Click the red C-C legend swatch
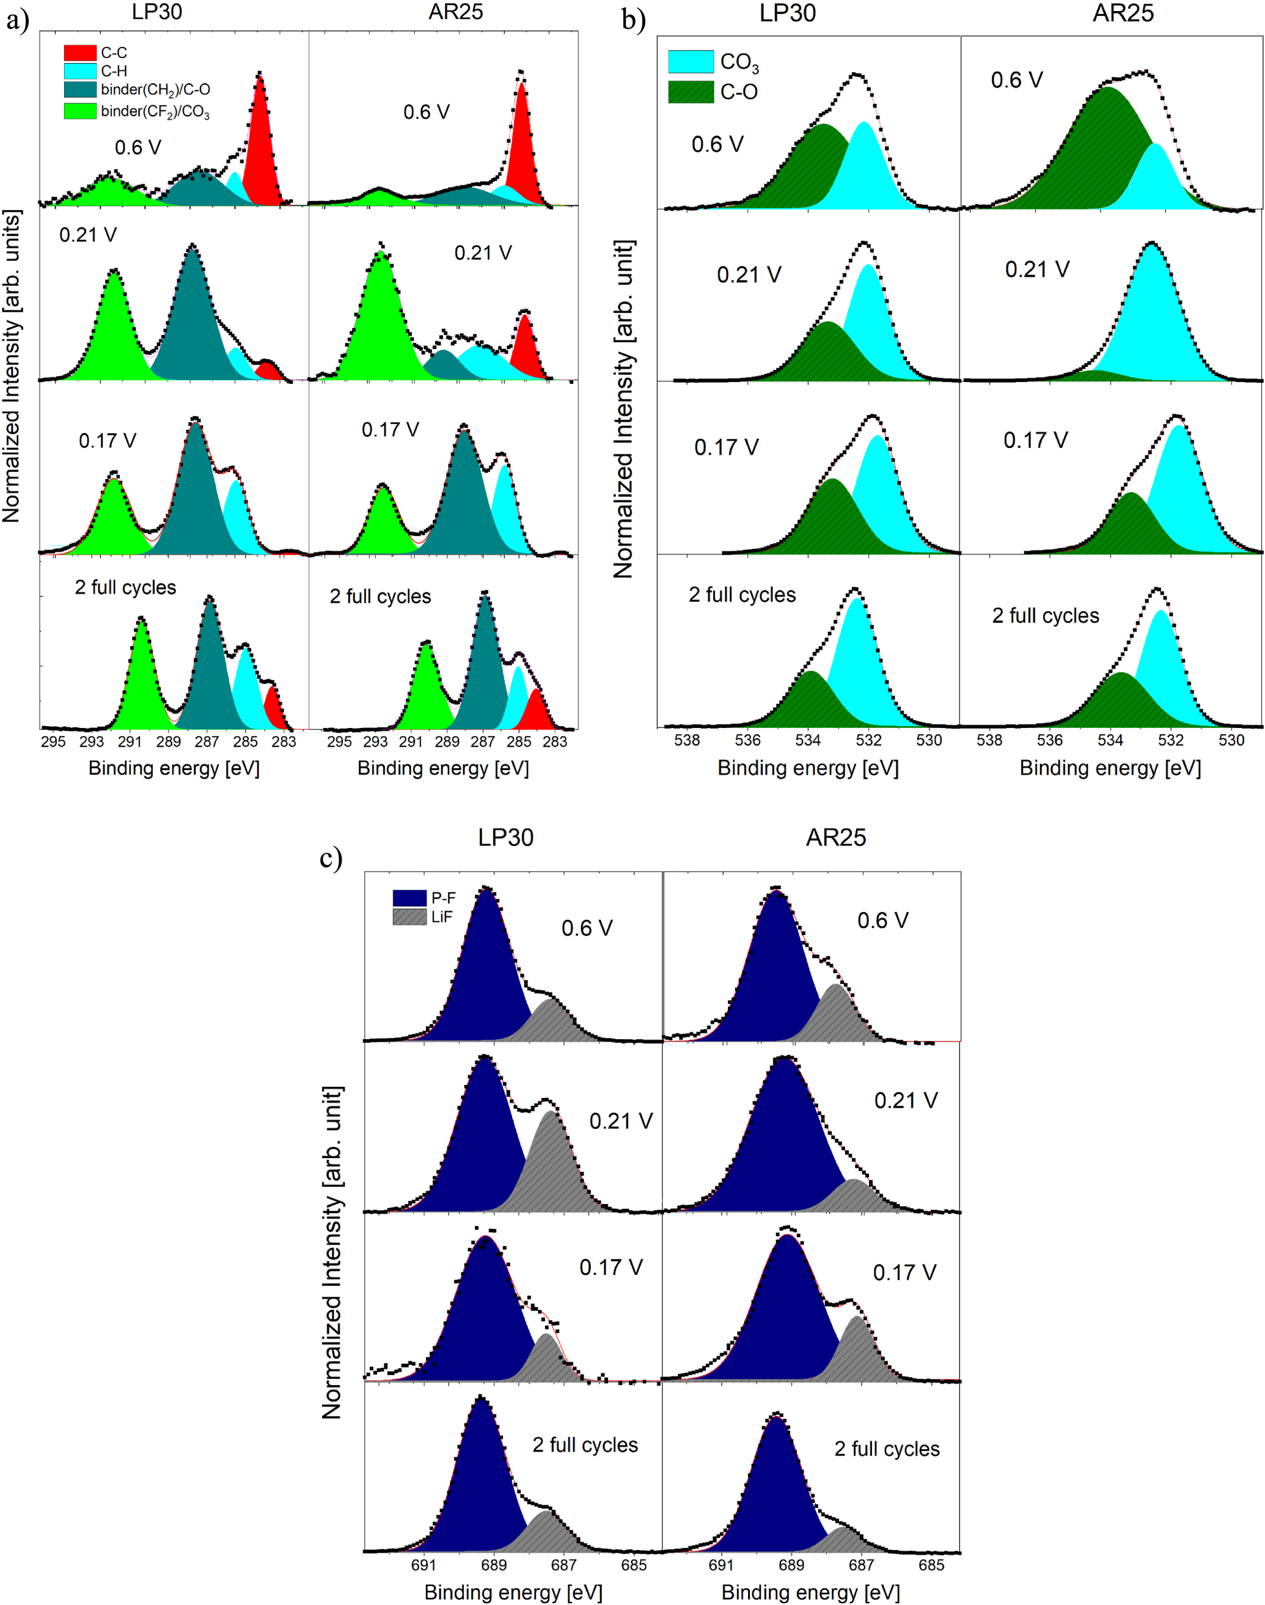coord(80,53)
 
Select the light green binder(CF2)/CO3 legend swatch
coord(80,111)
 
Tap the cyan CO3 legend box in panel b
coord(691,62)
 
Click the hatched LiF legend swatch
coord(409,917)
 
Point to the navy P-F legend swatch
coord(409,898)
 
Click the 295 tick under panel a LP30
coord(53,741)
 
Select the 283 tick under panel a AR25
coord(555,741)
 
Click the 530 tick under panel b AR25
coord(1231,740)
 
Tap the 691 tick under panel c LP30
coord(424,1565)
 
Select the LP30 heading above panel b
coord(787,13)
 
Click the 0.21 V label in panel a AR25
coord(483,253)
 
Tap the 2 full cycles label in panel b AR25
coord(1045,615)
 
